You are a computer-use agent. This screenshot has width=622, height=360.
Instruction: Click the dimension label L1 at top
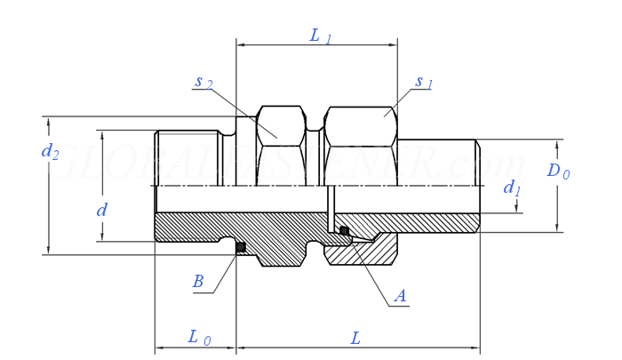[x=320, y=36]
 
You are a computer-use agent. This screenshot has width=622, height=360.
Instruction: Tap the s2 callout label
[x=203, y=82]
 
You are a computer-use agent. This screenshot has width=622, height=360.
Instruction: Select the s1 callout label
[x=424, y=83]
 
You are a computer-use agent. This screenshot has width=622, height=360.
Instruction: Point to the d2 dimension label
[x=51, y=151]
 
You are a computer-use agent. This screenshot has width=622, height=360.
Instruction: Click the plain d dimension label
[x=102, y=211]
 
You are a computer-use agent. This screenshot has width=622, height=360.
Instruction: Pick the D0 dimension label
[x=558, y=171]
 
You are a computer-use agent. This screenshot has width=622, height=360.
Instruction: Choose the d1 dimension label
[x=513, y=188]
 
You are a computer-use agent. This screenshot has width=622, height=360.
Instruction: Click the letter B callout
[x=198, y=282]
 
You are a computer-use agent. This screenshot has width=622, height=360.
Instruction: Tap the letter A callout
[x=400, y=296]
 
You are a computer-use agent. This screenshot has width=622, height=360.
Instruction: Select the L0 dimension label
[x=199, y=338]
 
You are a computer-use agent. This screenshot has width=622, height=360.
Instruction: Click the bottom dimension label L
[x=356, y=338]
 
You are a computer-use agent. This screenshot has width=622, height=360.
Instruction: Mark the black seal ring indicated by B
[x=240, y=247]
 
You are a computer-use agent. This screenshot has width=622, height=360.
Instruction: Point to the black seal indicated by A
[x=344, y=231]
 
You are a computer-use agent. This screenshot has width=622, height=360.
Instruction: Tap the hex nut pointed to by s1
[x=360, y=126]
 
